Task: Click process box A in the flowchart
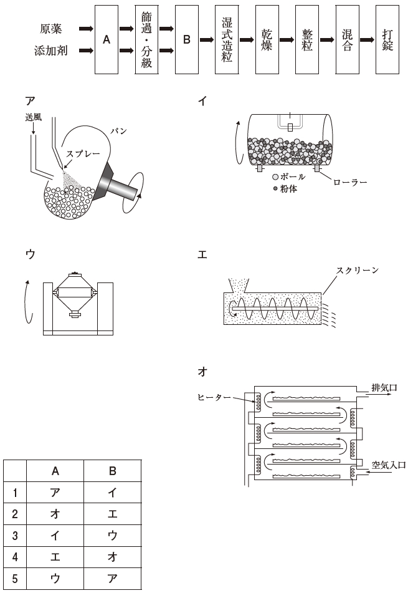coord(107,39)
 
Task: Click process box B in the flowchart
coord(186,39)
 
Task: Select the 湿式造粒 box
coord(227,39)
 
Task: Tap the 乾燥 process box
coord(267,39)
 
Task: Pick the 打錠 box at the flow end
coord(387,39)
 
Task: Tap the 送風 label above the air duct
coord(34,118)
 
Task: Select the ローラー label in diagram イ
coord(350,183)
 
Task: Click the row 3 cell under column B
coord(112,534)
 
